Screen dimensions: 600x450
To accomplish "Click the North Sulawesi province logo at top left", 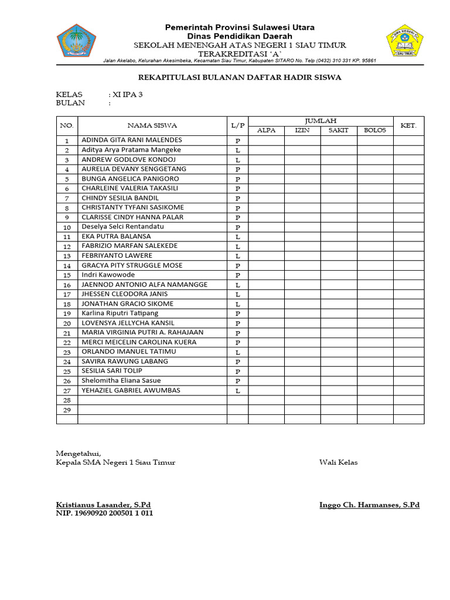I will [76, 43].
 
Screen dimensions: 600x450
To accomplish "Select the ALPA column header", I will [267, 130].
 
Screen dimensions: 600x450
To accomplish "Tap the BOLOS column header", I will [375, 130].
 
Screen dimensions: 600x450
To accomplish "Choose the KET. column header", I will [408, 125].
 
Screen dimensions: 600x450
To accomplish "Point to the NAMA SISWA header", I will [152, 125].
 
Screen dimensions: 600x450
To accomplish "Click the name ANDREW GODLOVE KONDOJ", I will [129, 159].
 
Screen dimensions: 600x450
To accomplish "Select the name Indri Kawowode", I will [108, 275].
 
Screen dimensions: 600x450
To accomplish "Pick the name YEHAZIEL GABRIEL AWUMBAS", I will [131, 390].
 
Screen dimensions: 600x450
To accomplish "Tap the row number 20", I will [67, 323].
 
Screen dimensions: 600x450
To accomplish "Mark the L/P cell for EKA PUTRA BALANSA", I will [238, 237].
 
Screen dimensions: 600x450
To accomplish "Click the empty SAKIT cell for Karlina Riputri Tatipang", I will [339, 313].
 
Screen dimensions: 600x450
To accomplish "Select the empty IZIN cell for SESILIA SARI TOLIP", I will [302, 371].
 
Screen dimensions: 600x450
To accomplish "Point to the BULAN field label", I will [70, 103].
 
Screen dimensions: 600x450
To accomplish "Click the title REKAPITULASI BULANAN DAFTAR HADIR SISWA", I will [239, 77].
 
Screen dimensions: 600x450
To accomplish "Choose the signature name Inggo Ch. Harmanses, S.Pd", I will [369, 504].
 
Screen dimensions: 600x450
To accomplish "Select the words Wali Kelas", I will [338, 462].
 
